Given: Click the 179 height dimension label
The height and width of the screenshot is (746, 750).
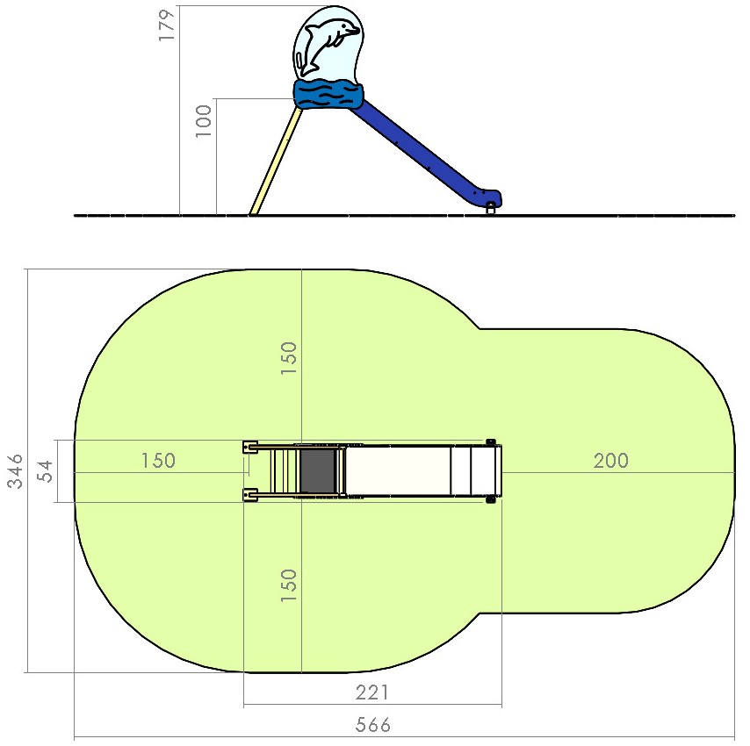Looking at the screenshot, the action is [x=168, y=25].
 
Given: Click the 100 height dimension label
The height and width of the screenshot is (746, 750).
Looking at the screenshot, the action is [x=203, y=121].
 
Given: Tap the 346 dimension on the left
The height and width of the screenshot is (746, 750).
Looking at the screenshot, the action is [x=15, y=471].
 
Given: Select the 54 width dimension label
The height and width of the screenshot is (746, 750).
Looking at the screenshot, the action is [x=46, y=471].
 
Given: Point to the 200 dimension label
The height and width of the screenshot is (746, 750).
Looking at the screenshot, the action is [x=611, y=461].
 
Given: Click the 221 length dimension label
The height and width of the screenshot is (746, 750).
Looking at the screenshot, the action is [x=372, y=692].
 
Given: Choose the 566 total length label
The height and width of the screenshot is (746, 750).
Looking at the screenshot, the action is [x=373, y=725].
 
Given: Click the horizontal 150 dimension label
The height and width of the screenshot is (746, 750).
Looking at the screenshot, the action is [x=158, y=461].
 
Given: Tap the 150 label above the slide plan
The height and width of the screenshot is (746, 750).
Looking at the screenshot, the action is [x=289, y=358].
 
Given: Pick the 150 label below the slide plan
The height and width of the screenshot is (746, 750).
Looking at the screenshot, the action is [x=289, y=585].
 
